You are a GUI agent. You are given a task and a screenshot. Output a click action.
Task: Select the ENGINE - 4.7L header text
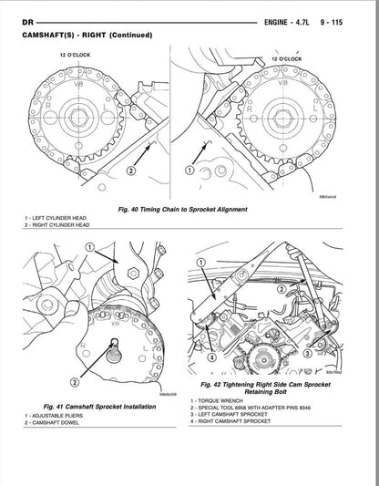[x=291, y=19]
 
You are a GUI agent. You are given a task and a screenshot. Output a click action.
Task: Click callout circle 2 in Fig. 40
[x=130, y=171]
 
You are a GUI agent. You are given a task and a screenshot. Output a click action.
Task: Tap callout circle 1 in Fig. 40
[x=190, y=171]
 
